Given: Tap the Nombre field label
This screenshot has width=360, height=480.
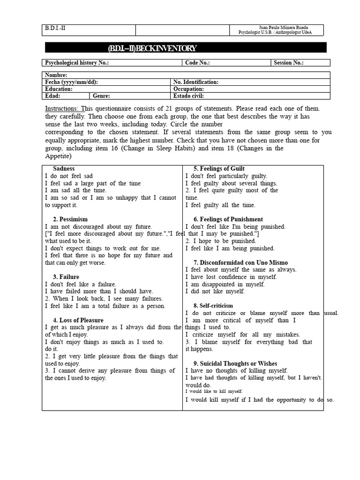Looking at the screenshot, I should [x=56, y=75].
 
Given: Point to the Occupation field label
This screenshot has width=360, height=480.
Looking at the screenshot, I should [x=188, y=89].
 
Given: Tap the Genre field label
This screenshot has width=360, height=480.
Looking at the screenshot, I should [x=101, y=96].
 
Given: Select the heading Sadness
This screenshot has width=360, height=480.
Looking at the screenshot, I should [x=64, y=169].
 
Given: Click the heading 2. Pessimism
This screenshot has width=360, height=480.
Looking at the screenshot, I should [x=70, y=219].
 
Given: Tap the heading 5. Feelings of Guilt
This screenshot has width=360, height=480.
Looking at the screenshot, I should [x=219, y=169].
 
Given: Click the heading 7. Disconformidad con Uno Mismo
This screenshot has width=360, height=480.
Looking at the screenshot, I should [x=240, y=262].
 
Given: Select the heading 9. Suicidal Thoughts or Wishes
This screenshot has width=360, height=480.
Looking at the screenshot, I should [x=235, y=364].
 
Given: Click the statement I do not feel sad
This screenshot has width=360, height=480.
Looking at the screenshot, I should [x=69, y=176].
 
